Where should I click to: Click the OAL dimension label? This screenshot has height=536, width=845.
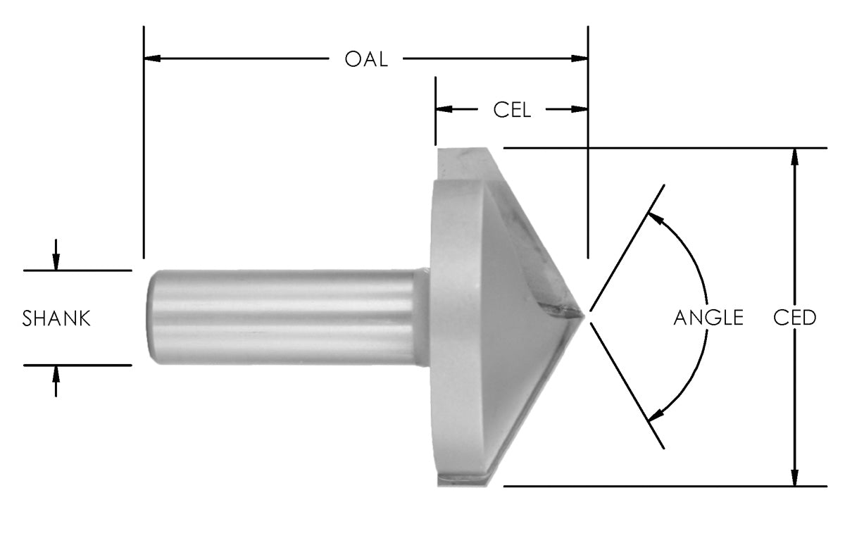coord(365,59)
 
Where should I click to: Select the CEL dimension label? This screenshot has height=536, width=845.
coord(512,110)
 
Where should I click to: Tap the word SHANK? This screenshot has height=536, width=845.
coord(56,318)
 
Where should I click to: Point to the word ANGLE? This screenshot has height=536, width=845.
coord(708,318)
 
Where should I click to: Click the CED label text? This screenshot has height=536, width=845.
coord(794,318)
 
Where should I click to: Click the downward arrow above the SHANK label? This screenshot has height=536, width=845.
coord(56,262)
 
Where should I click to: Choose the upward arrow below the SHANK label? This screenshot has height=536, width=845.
coord(56,374)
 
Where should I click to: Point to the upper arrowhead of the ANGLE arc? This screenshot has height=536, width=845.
coord(655,217)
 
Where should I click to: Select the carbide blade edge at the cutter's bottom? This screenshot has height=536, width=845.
coord(465,479)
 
